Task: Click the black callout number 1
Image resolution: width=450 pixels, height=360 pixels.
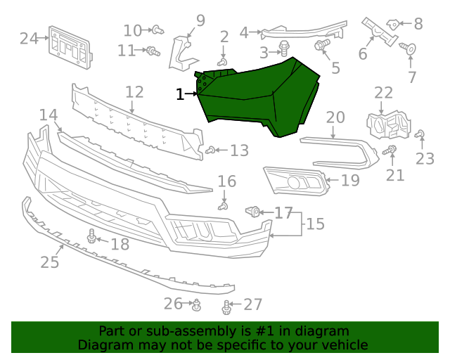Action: click(x=180, y=94)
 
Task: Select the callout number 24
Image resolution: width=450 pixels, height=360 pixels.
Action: click(x=29, y=38)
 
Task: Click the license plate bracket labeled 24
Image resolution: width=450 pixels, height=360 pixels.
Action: click(x=70, y=48)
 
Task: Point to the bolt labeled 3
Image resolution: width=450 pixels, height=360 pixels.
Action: click(x=284, y=49)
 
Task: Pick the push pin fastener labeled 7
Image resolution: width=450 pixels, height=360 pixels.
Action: click(x=409, y=49)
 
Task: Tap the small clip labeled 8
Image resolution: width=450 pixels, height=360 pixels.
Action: click(x=393, y=24)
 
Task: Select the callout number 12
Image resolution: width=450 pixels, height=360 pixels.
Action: click(x=134, y=92)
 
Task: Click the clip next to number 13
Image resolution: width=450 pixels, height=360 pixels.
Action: click(x=210, y=150)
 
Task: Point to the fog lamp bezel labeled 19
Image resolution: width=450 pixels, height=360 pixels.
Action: click(x=295, y=181)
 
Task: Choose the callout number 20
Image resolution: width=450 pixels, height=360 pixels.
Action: click(x=335, y=117)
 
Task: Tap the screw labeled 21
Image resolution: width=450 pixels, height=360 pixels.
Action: click(x=390, y=150)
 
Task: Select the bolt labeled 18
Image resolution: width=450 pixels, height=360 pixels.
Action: click(x=92, y=236)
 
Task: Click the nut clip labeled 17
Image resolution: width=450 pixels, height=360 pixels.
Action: click(x=253, y=212)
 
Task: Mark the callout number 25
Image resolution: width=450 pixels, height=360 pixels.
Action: click(x=49, y=262)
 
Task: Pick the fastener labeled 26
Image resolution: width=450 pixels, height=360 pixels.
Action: click(x=197, y=304)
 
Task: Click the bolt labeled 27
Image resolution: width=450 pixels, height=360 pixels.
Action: click(x=226, y=307)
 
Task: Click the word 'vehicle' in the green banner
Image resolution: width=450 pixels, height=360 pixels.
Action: click(x=345, y=345)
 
